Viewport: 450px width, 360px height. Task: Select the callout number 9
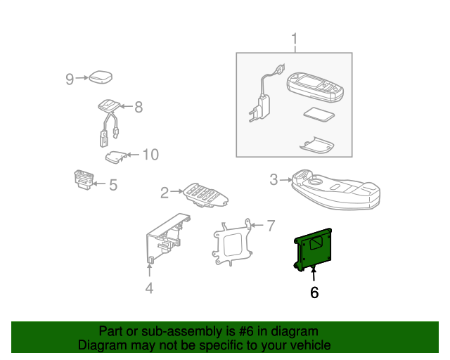[70, 79]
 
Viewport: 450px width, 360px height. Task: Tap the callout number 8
[139, 107]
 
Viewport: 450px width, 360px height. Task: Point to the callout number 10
[150, 155]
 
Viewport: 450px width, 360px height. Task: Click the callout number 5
[113, 185]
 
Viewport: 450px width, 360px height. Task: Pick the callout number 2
[165, 193]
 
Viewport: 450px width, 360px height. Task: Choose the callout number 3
[274, 179]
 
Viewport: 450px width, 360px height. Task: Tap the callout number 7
[271, 226]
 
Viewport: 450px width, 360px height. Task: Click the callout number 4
[149, 288]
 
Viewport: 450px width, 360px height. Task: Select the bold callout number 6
[314, 292]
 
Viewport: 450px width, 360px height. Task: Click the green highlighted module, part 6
[314, 250]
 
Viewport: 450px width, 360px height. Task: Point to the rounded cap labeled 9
[101, 77]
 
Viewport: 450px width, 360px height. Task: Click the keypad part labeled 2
[206, 195]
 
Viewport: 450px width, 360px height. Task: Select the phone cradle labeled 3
[336, 190]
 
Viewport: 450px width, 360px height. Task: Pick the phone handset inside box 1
[315, 87]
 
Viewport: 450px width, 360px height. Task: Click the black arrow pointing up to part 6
[314, 274]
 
